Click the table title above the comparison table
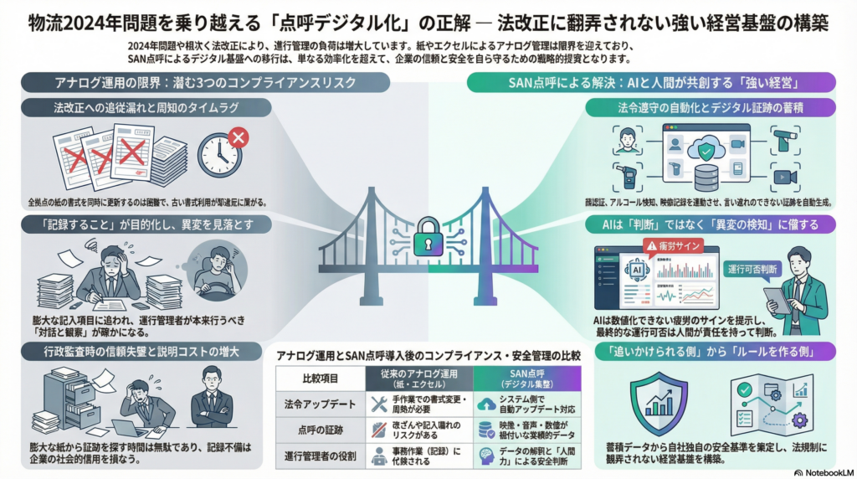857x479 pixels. coord(428,355)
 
